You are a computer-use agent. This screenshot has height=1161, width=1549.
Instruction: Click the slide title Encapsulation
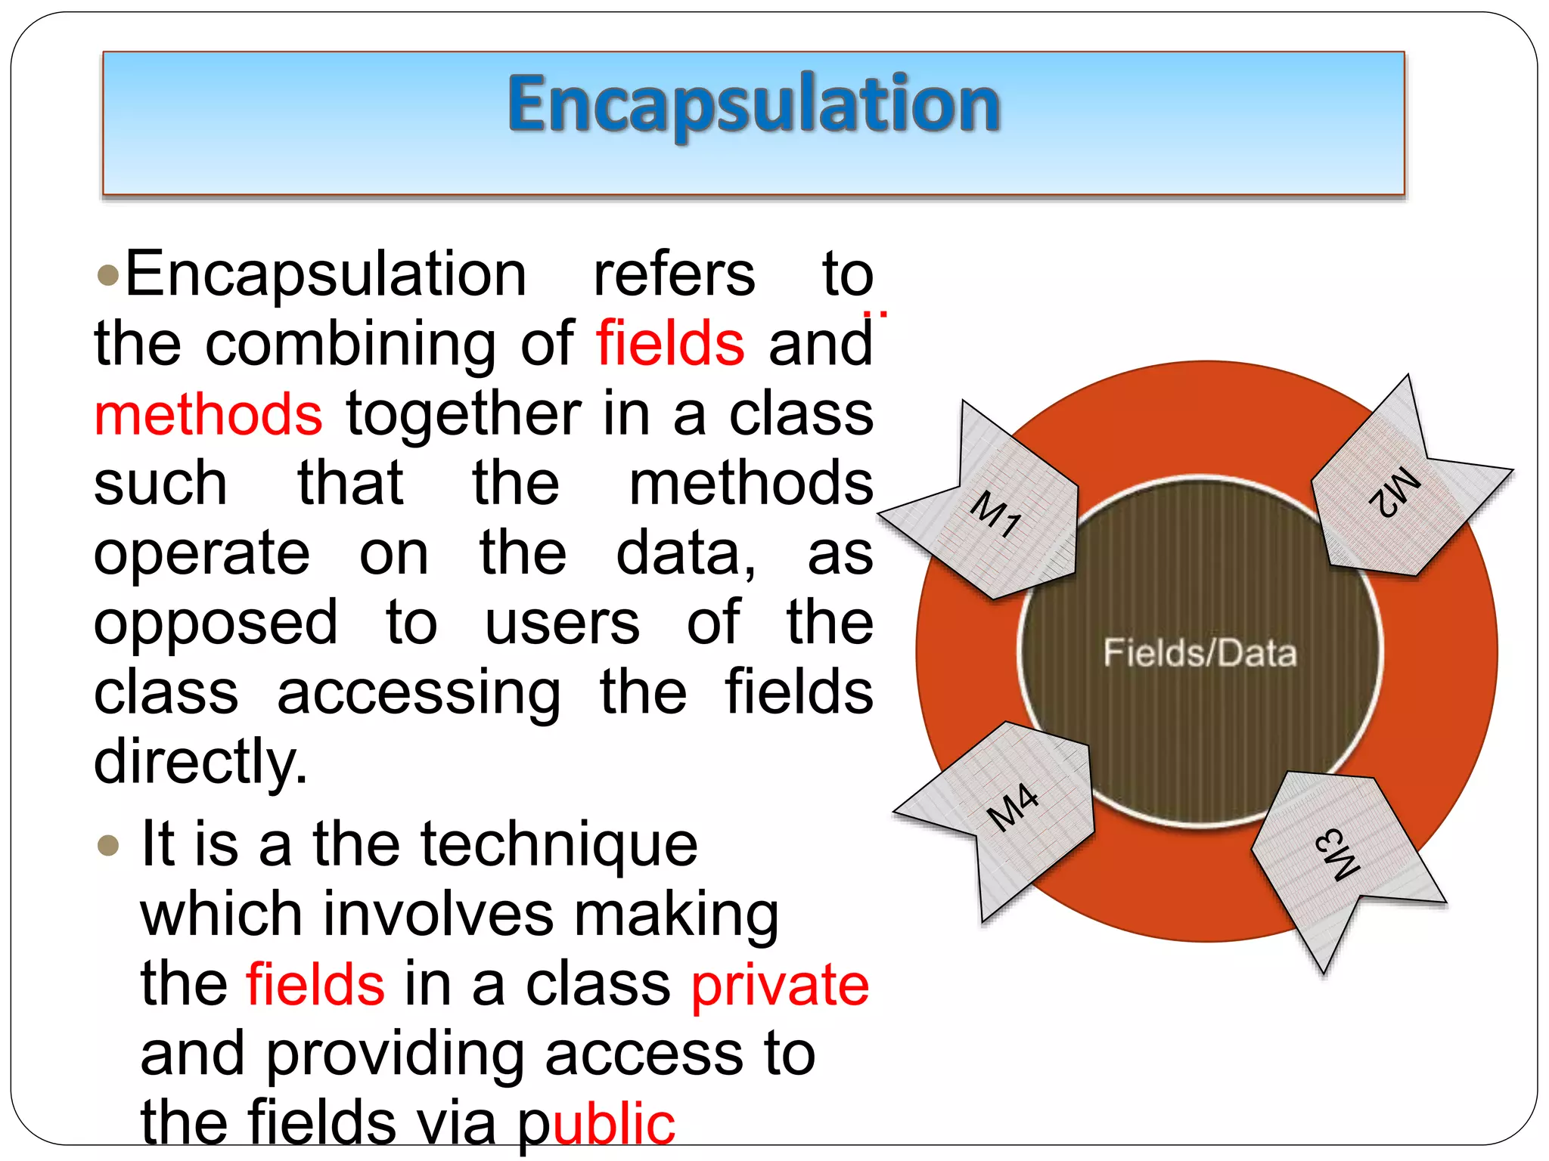[x=754, y=104]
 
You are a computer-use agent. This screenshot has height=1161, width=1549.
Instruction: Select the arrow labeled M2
[x=1395, y=491]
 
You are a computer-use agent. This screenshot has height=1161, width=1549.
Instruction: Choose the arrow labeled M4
[x=1014, y=809]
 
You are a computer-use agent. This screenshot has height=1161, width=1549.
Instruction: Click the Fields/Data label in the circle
[x=1200, y=653]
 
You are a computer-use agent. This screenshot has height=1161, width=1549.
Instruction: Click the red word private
[x=780, y=985]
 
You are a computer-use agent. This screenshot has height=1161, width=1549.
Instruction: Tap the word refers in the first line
[x=674, y=274]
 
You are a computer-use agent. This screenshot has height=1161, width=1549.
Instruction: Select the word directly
[x=200, y=762]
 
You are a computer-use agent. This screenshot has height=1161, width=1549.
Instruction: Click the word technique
[x=559, y=845]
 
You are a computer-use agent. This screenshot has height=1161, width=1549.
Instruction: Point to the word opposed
[x=216, y=623]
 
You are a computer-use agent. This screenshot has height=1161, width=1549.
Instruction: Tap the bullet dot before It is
[x=109, y=844]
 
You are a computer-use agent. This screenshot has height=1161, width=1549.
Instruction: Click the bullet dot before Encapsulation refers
[x=109, y=275]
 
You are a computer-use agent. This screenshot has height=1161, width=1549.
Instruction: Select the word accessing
[x=419, y=694]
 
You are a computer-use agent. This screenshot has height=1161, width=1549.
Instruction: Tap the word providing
[x=396, y=1054]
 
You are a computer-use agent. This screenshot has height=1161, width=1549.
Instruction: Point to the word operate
[x=202, y=553]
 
